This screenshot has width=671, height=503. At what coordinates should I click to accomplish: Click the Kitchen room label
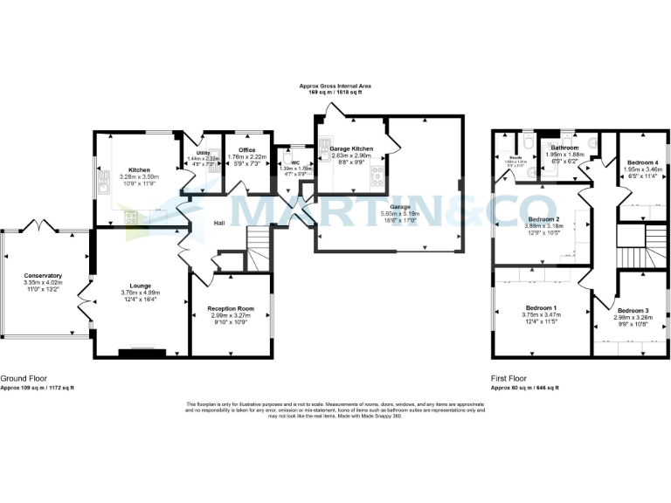click(x=139, y=169)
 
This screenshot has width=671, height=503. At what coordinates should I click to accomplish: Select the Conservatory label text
click(x=43, y=276)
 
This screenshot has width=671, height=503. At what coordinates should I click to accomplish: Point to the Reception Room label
click(x=230, y=309)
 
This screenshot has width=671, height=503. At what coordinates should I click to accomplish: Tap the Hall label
click(x=220, y=223)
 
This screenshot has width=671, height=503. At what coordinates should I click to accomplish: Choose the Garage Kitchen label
click(x=351, y=149)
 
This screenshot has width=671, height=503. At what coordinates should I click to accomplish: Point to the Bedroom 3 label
click(x=633, y=311)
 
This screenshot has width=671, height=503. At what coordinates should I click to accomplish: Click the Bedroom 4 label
click(x=643, y=163)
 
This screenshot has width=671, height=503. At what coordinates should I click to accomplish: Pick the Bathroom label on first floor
click(x=564, y=148)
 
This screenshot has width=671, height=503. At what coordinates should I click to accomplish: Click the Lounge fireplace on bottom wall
click(x=142, y=353)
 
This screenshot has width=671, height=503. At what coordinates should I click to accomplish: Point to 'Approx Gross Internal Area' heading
click(x=335, y=86)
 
